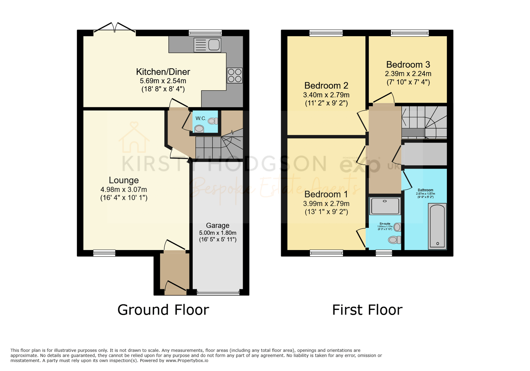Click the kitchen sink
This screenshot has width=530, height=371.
[x=208, y=45]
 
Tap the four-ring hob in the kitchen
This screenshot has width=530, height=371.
[x=235, y=75]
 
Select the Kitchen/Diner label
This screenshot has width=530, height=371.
[x=163, y=72]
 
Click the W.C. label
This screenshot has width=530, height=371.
[x=201, y=118]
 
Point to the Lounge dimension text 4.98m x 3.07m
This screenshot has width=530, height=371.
[x=124, y=190]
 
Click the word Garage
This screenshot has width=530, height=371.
[x=218, y=225]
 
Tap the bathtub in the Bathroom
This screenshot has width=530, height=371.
[x=437, y=226]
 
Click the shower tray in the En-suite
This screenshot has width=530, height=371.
[x=385, y=206]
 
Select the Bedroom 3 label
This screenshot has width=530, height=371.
[x=408, y=65]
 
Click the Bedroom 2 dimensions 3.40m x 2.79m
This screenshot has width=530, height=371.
[x=326, y=95]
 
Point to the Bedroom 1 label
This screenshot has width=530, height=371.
[x=326, y=194]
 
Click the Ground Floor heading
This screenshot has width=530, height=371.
[x=163, y=310]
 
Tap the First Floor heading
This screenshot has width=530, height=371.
[x=367, y=310]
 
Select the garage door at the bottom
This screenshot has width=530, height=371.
[x=218, y=293]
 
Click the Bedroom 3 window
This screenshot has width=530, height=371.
[x=409, y=33]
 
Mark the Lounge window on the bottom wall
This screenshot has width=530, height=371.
[x=104, y=253]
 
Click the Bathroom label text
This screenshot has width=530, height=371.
[x=425, y=190]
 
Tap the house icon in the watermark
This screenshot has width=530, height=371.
[x=134, y=137]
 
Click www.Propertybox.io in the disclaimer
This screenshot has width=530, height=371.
[x=187, y=361]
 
